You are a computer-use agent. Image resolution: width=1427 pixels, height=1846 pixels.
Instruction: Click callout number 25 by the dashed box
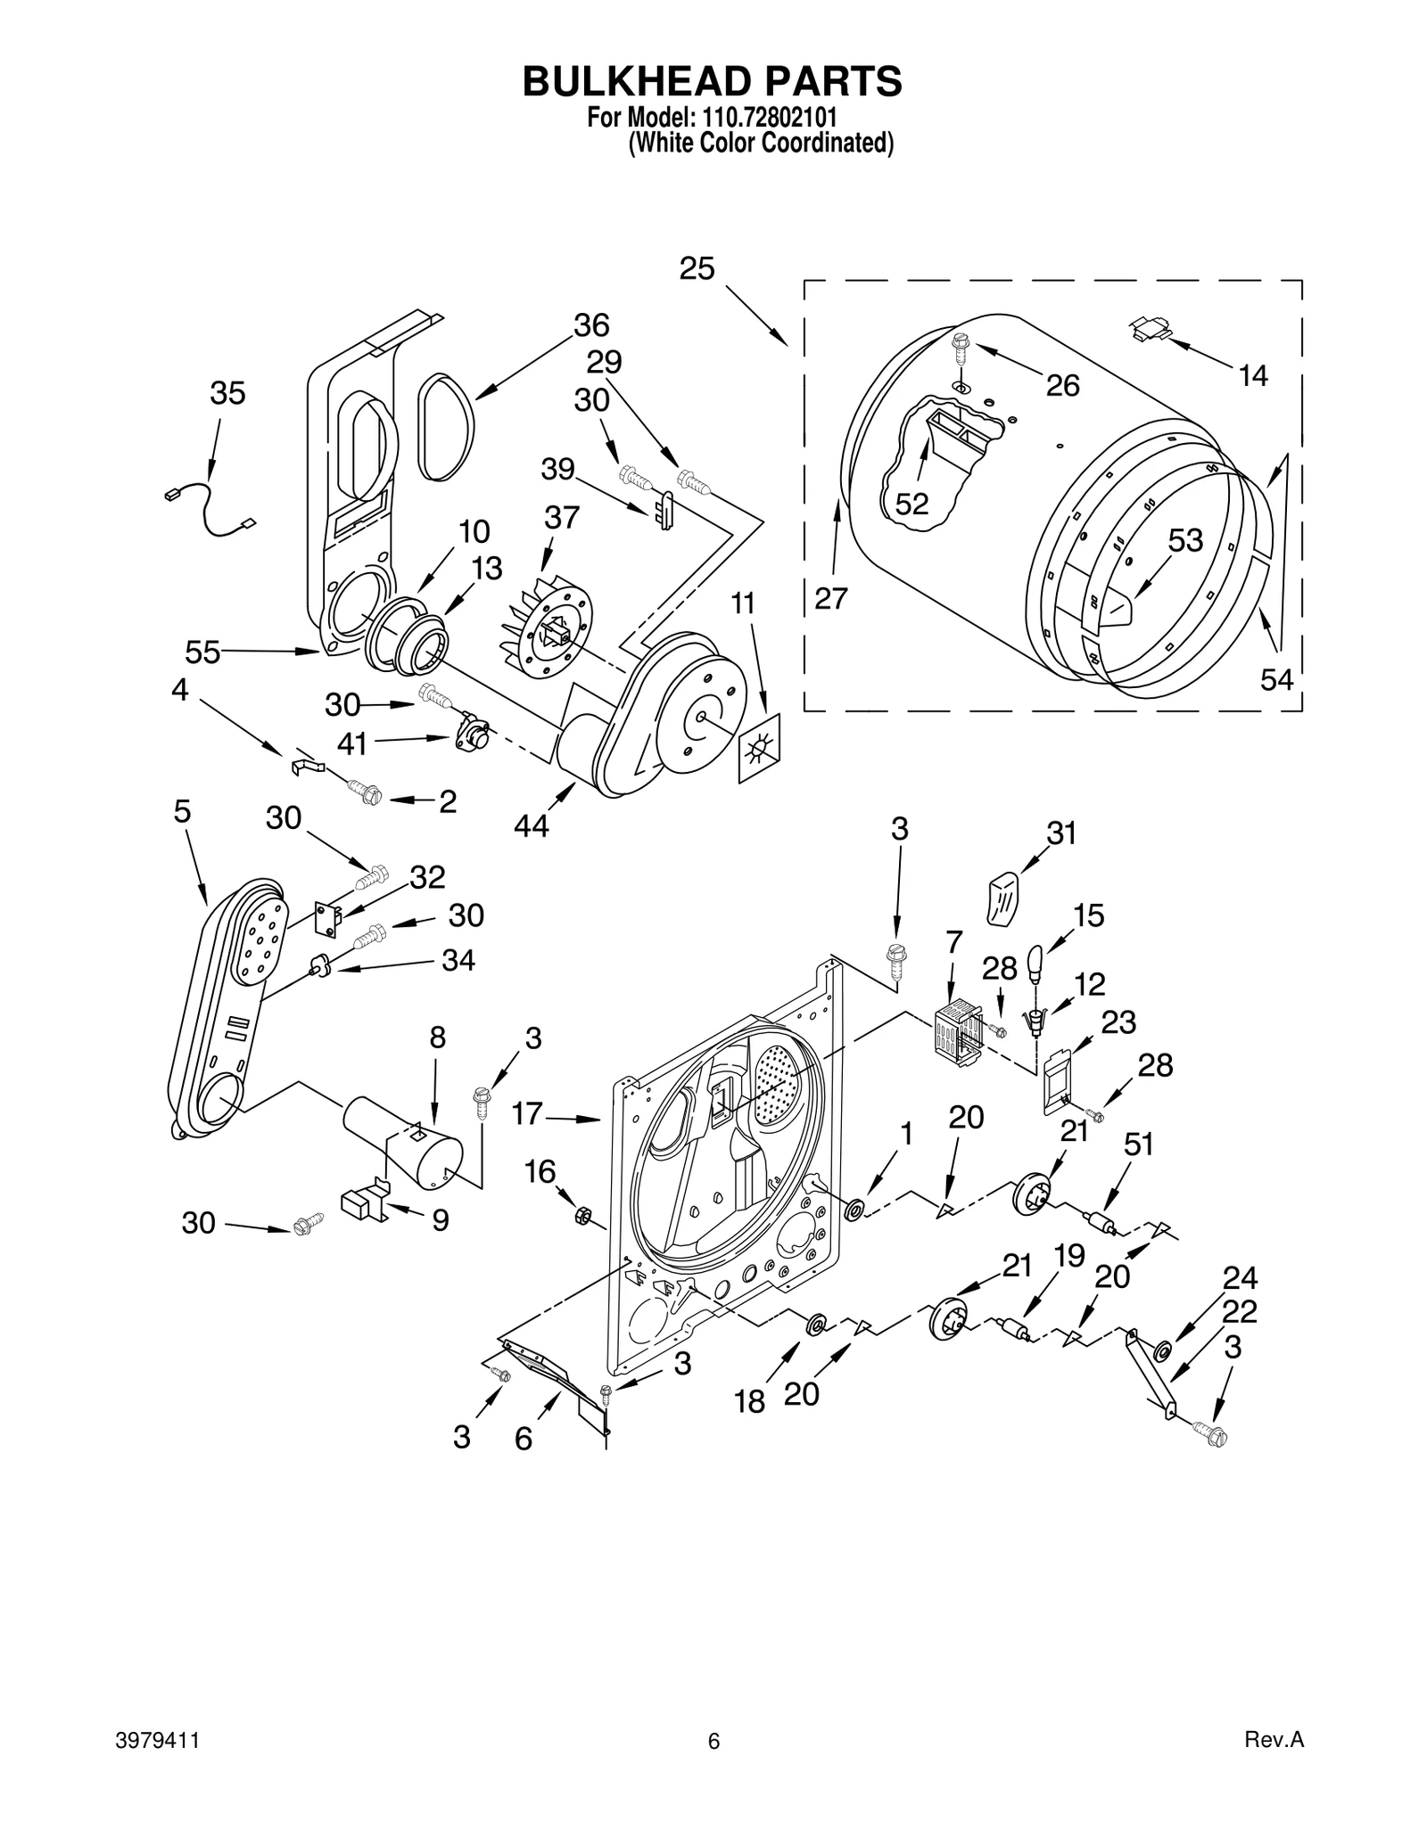pos(697,268)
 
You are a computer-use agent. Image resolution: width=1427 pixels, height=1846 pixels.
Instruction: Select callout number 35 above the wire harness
pos(227,393)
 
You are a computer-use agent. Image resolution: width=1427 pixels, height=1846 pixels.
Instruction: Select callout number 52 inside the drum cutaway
pos(911,505)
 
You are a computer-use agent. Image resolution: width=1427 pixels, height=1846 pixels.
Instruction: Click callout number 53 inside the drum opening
pos(1185,540)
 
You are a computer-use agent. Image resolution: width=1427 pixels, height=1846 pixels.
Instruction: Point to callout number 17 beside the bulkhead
pos(527,1113)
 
